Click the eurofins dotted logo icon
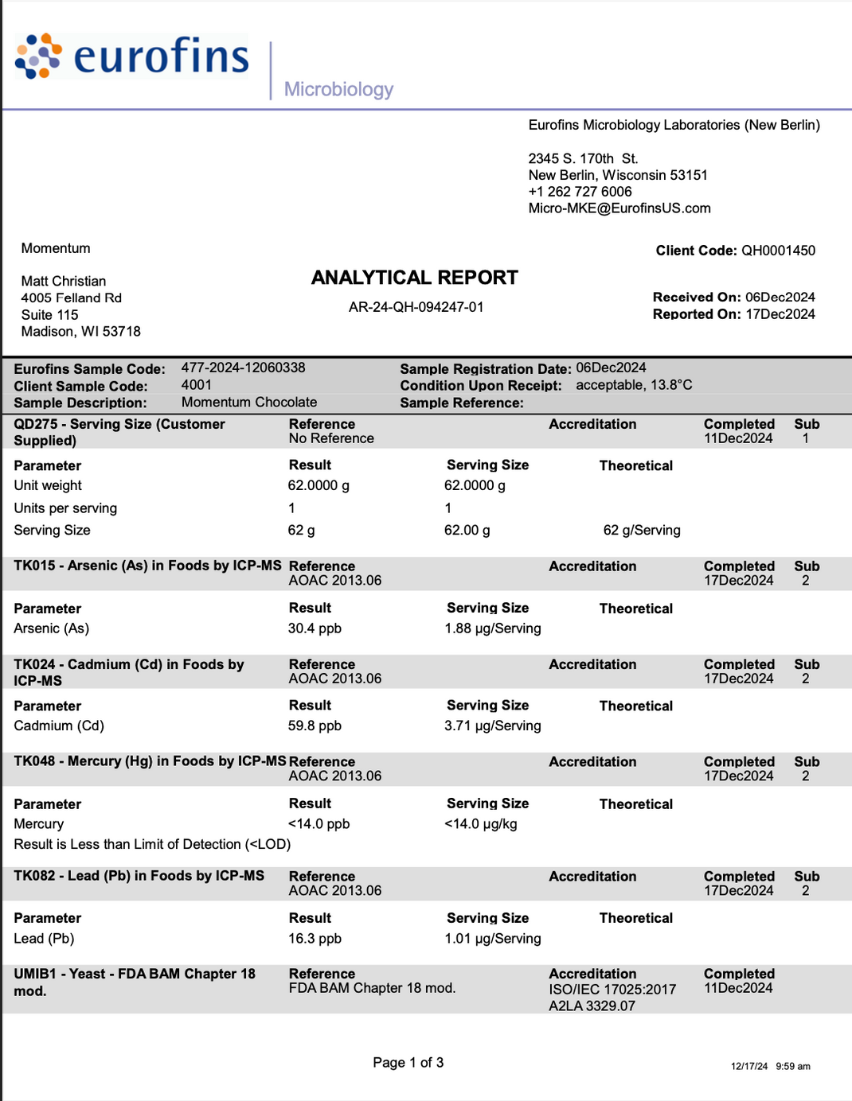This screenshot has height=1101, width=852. click(38, 56)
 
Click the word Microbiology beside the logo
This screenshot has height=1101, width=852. click(338, 89)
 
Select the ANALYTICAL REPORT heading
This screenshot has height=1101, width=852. click(414, 278)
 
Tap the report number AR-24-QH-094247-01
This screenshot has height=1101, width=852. click(416, 307)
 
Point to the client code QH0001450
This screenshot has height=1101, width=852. click(778, 251)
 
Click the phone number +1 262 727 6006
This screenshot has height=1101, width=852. click(580, 192)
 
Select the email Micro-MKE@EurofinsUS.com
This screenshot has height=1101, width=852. click(619, 208)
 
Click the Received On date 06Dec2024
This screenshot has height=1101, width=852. click(780, 297)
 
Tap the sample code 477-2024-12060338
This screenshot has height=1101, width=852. click(243, 368)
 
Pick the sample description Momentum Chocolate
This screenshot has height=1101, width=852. click(248, 403)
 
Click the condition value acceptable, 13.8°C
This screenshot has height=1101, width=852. click(634, 385)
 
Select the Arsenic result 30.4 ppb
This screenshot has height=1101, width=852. click(315, 628)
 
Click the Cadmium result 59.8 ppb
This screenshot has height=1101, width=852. click(315, 726)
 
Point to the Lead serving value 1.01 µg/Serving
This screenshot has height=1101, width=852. click(492, 939)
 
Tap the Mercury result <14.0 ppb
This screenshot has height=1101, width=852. click(319, 824)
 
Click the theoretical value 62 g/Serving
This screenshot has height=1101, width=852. click(641, 531)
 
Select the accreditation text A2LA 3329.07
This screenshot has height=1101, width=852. click(592, 1006)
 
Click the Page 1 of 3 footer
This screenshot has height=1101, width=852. click(408, 1063)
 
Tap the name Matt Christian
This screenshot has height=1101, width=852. click(64, 282)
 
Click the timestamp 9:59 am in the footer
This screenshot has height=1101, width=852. click(792, 1067)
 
